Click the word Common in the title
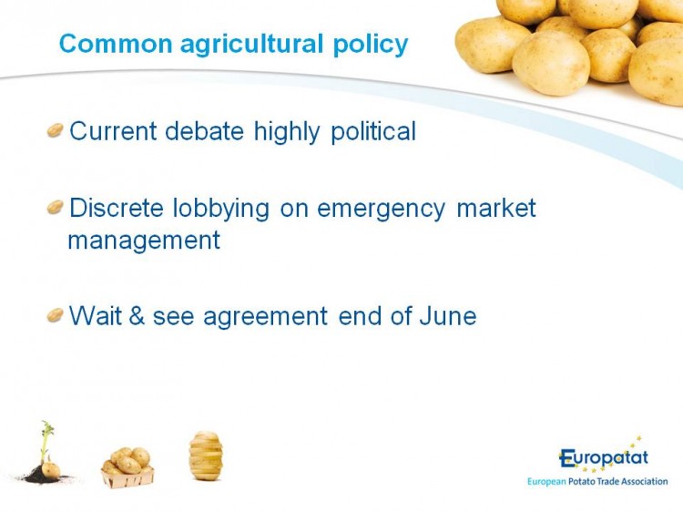click(x=116, y=44)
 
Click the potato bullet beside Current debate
click(x=56, y=130)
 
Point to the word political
click(x=373, y=131)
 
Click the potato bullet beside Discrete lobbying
click(x=56, y=207)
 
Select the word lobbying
click(x=221, y=209)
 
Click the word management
click(x=144, y=241)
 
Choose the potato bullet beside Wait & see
click(x=56, y=314)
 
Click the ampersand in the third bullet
click(x=137, y=315)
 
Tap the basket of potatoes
click(x=127, y=467)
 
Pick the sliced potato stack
click(x=206, y=456)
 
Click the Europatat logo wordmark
click(x=603, y=458)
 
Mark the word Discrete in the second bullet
click(x=117, y=208)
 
